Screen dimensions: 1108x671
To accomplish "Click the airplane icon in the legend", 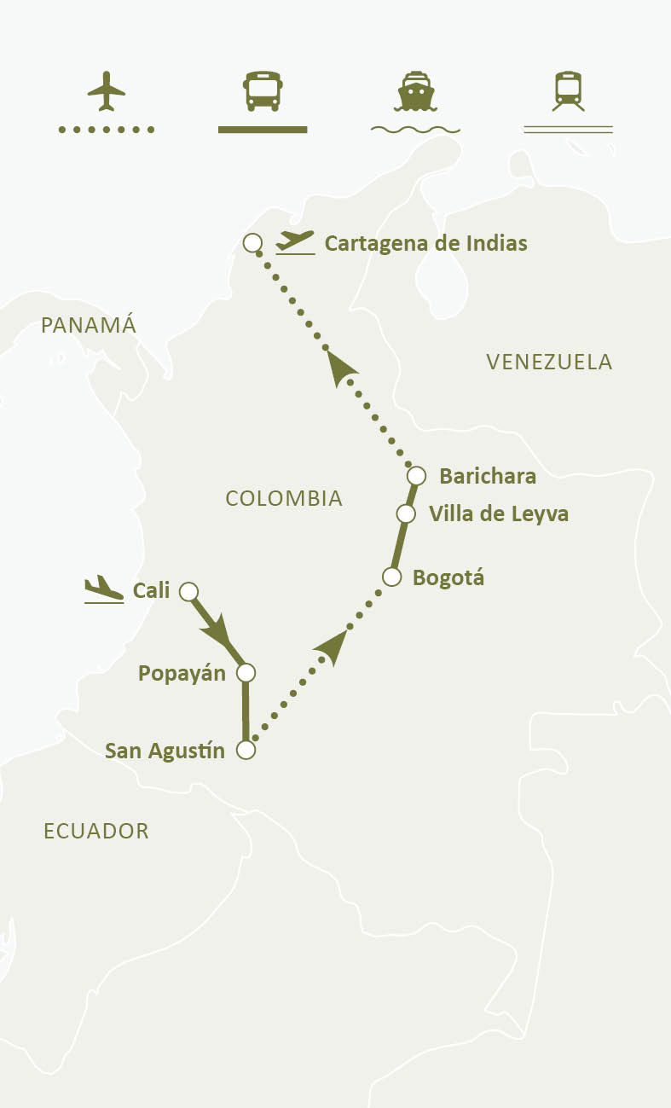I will click(x=107, y=91).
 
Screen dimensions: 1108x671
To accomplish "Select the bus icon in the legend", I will click(x=263, y=91).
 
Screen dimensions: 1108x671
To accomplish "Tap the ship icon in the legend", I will click(x=415, y=91).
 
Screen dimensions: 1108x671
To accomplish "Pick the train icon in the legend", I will click(x=568, y=91).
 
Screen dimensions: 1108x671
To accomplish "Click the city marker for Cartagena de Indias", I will click(x=252, y=243).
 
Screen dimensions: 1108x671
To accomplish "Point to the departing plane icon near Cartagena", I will click(x=295, y=242).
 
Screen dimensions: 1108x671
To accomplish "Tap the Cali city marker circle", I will click(x=189, y=591).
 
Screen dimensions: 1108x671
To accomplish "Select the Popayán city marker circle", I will click(x=246, y=673).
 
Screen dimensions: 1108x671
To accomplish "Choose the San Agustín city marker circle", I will click(x=246, y=751).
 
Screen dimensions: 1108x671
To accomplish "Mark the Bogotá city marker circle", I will click(x=391, y=577).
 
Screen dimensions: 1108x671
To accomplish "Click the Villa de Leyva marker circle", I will click(x=406, y=514).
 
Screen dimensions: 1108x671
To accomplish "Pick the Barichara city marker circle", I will click(x=416, y=475).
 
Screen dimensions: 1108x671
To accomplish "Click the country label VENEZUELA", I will click(x=549, y=362).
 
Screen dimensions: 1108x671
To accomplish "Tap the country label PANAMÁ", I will click(x=89, y=325).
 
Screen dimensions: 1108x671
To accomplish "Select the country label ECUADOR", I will click(x=96, y=831).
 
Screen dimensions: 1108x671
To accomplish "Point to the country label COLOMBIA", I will click(x=284, y=498).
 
